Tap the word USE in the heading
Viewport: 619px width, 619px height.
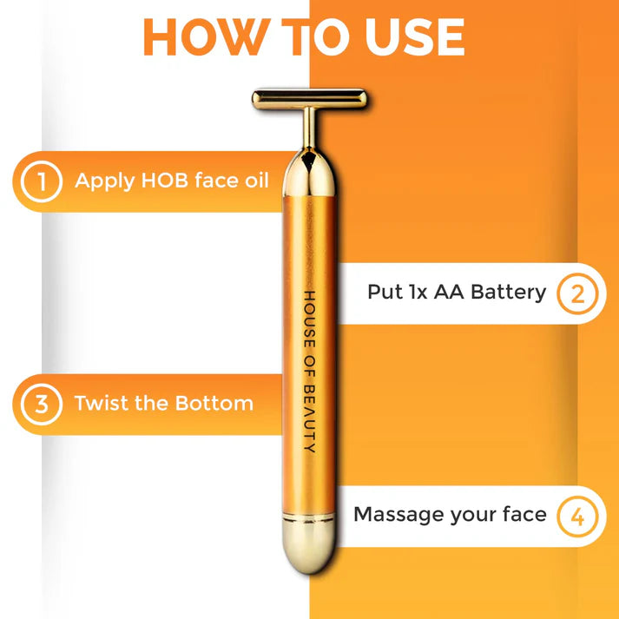(414, 36)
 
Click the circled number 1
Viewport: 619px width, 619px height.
(42, 181)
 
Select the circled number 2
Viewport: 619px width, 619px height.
(577, 293)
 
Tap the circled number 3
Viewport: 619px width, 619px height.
(42, 405)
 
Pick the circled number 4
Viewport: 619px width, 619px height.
(577, 517)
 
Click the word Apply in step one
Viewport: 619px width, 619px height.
(105, 181)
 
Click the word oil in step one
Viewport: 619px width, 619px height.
(257, 180)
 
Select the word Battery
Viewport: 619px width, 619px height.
(509, 293)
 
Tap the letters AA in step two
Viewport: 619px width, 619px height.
(449, 292)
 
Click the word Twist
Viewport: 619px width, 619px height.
(101, 403)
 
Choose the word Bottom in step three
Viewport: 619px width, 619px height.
(214, 403)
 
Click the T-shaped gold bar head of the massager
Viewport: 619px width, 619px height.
(309, 99)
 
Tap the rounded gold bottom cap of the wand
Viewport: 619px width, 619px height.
(309, 545)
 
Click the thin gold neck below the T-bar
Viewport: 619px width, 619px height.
(310, 128)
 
